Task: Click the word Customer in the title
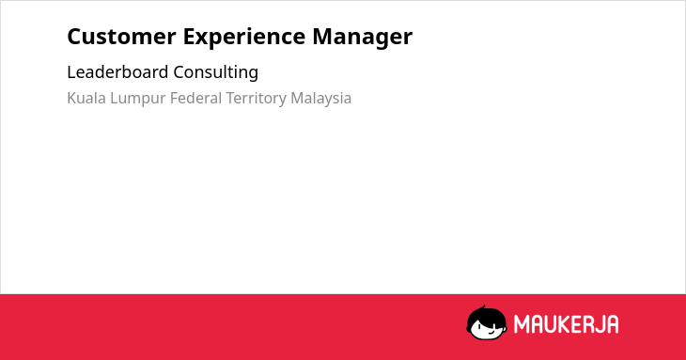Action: (121, 37)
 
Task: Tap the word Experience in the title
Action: (244, 38)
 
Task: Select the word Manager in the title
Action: (362, 38)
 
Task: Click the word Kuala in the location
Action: (86, 98)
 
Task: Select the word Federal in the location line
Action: (196, 98)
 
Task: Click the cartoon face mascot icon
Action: (487, 322)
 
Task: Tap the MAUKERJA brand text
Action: (566, 324)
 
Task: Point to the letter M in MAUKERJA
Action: (521, 324)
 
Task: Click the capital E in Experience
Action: (189, 37)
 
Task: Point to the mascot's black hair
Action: (486, 315)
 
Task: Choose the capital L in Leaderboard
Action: (71, 71)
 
